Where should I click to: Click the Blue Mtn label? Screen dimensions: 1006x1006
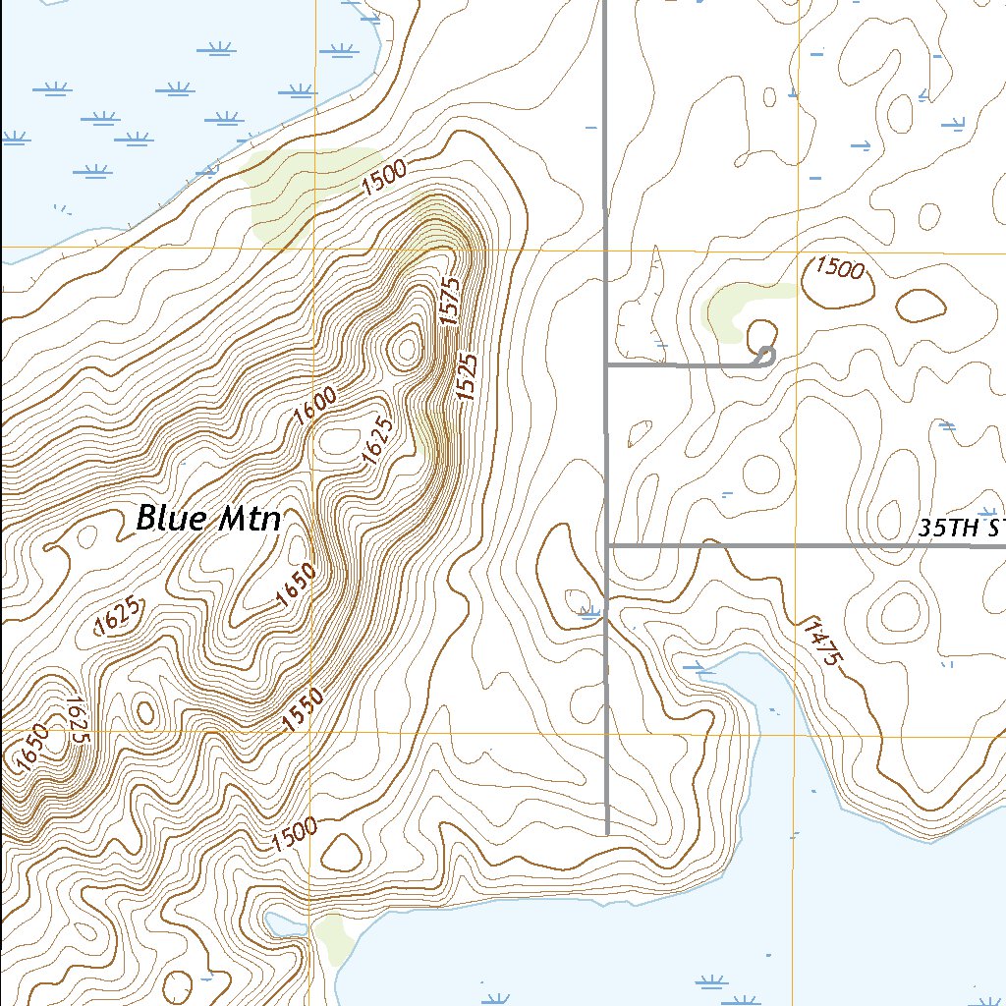click(208, 518)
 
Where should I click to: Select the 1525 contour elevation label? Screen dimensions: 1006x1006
click(468, 376)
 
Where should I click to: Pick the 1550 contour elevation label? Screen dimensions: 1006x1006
click(303, 709)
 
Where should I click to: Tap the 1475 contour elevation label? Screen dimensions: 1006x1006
click(821, 643)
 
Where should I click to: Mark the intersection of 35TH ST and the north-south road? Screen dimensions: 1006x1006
click(608, 544)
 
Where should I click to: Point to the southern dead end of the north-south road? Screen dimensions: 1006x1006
click(608, 833)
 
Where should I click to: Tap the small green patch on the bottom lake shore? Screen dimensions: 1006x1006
click(334, 938)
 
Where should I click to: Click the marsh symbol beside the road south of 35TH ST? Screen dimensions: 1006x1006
click(590, 613)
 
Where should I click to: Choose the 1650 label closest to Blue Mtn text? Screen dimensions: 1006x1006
click(295, 586)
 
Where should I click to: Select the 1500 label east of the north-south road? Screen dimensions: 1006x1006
click(839, 268)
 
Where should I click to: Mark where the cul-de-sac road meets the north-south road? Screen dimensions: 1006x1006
click(608, 364)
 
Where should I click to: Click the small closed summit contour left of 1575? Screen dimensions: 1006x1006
click(405, 348)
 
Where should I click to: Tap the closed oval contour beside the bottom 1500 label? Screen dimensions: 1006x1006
click(341, 853)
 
